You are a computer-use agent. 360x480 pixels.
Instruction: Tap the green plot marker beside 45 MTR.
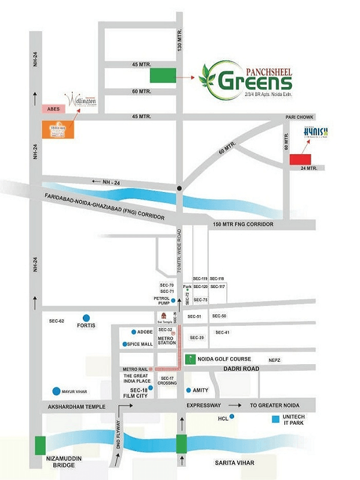point(163,75)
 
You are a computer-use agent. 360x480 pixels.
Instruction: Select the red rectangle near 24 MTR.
point(301,159)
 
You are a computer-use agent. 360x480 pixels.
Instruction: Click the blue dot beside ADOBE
point(133,332)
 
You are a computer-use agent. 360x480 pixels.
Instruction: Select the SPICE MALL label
point(139,344)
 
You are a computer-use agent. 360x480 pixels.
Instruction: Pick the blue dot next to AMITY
point(187,390)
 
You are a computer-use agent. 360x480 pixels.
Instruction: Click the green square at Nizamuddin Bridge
point(41,446)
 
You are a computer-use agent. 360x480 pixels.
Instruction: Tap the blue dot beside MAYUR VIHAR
point(56,391)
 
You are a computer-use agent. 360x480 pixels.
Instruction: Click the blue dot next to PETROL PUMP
point(173,301)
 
